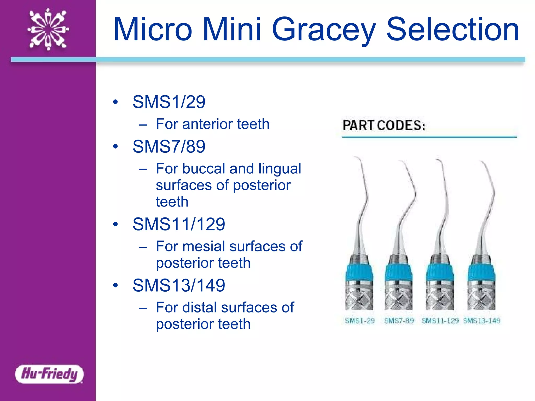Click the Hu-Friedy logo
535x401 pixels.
[49, 374]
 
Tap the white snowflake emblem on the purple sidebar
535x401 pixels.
[48, 29]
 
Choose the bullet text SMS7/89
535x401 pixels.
[169, 146]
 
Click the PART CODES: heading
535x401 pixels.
[384, 125]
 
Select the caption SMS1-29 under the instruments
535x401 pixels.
[360, 321]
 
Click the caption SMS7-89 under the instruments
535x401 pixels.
[399, 321]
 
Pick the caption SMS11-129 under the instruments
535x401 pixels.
[440, 321]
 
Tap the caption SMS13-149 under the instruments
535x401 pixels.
[482, 321]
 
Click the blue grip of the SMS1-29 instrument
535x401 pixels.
[359, 273]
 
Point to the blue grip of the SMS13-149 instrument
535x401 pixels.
[481, 273]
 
